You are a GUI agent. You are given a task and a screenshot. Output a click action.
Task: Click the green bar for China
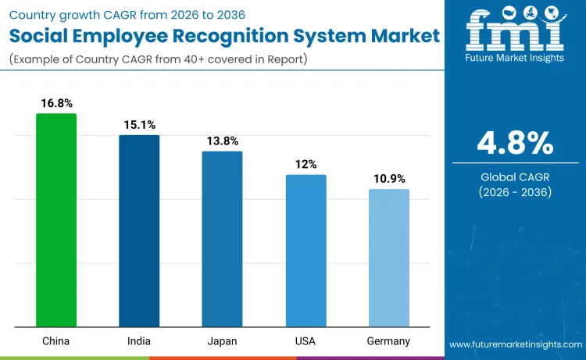[x=56, y=220]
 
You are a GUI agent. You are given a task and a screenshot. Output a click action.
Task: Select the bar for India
[x=139, y=231]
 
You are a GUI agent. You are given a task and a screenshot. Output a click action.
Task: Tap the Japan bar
[x=222, y=239]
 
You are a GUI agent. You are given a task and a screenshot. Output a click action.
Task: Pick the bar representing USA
[x=306, y=251]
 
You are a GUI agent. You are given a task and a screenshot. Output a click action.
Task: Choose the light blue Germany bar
[x=388, y=258]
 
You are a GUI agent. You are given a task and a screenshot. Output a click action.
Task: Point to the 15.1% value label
[x=139, y=125]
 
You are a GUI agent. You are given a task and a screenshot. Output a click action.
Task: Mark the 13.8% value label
[x=222, y=141]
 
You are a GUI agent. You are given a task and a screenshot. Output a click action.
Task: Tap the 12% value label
[x=306, y=164]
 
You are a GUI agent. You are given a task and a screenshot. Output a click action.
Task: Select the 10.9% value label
[x=388, y=179]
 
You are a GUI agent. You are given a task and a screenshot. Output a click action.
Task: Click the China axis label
[x=56, y=341]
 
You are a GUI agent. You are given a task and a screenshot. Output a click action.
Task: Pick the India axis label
[x=139, y=341]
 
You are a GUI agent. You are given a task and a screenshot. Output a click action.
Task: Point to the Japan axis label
[x=222, y=341]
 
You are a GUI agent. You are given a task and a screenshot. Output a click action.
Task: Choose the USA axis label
[x=306, y=341]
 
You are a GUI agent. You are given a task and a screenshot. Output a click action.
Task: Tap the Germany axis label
[x=388, y=341]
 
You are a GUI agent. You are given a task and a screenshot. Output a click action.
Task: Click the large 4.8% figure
[x=515, y=144]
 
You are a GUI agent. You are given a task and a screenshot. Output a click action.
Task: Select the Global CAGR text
[x=515, y=176]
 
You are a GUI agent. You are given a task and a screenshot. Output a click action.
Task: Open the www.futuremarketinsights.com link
[x=515, y=344]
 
